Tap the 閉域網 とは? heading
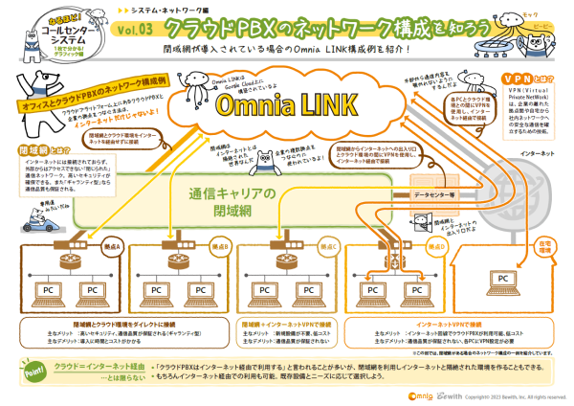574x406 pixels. click(37, 151)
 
